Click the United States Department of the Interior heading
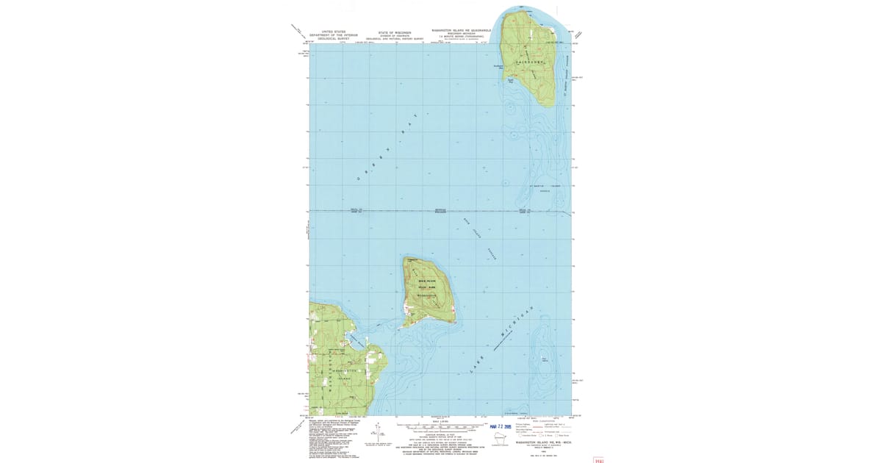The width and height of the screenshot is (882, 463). point(333,35)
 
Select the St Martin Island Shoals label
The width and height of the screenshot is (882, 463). point(545,189)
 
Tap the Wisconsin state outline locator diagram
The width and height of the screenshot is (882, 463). point(503,439)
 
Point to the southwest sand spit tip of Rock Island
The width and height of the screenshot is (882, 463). point(404,324)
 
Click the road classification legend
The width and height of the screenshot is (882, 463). point(540,428)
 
